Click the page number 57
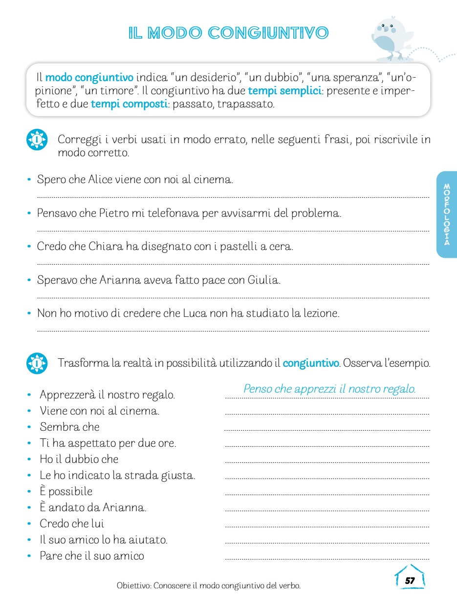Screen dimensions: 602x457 (410, 580)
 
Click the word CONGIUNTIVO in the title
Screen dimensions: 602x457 (268, 33)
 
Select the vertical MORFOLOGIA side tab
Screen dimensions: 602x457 (447, 214)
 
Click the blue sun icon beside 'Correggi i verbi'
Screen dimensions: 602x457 (37, 140)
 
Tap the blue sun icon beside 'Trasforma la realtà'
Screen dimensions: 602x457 (37, 363)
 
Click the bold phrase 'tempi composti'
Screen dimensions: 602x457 (129, 104)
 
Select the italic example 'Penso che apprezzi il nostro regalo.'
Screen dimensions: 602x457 (329, 389)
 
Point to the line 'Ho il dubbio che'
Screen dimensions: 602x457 (79, 459)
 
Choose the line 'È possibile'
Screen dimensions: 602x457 (66, 492)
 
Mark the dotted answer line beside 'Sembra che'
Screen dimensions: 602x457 (326, 429)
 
